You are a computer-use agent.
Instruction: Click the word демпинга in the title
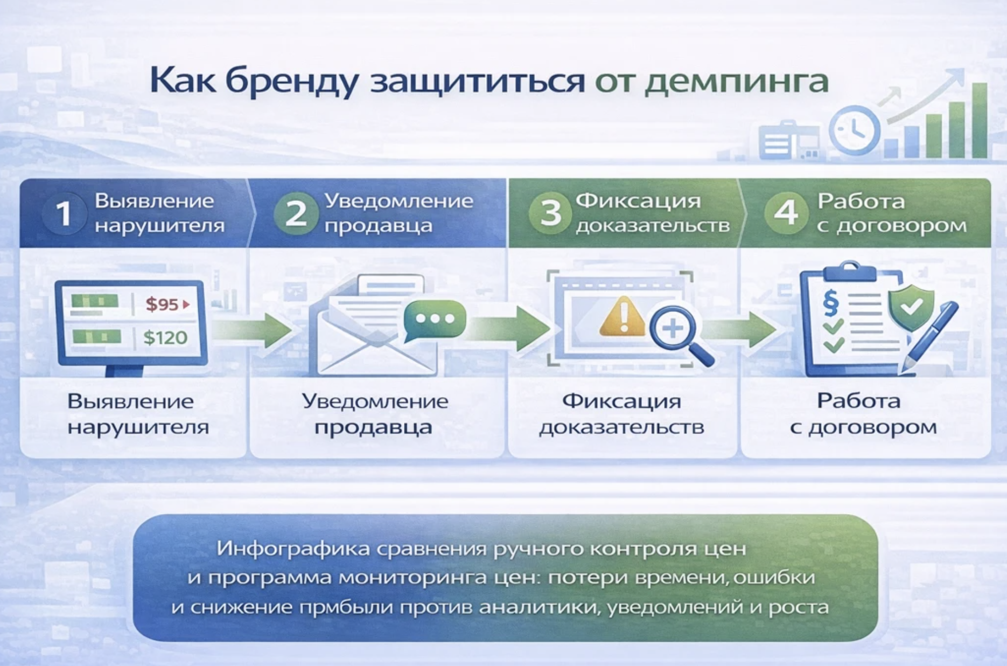736,82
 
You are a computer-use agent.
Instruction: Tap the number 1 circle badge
64,213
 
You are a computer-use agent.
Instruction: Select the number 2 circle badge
296,213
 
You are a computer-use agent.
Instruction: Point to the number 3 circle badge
550,213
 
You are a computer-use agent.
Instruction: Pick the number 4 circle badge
786,213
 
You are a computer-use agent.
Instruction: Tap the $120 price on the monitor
165,338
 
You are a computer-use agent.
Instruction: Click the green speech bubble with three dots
435,320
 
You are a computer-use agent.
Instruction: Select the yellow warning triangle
622,317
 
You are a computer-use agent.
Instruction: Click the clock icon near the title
854,130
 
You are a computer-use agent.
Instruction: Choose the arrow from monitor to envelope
253,329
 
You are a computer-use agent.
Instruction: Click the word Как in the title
182,81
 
